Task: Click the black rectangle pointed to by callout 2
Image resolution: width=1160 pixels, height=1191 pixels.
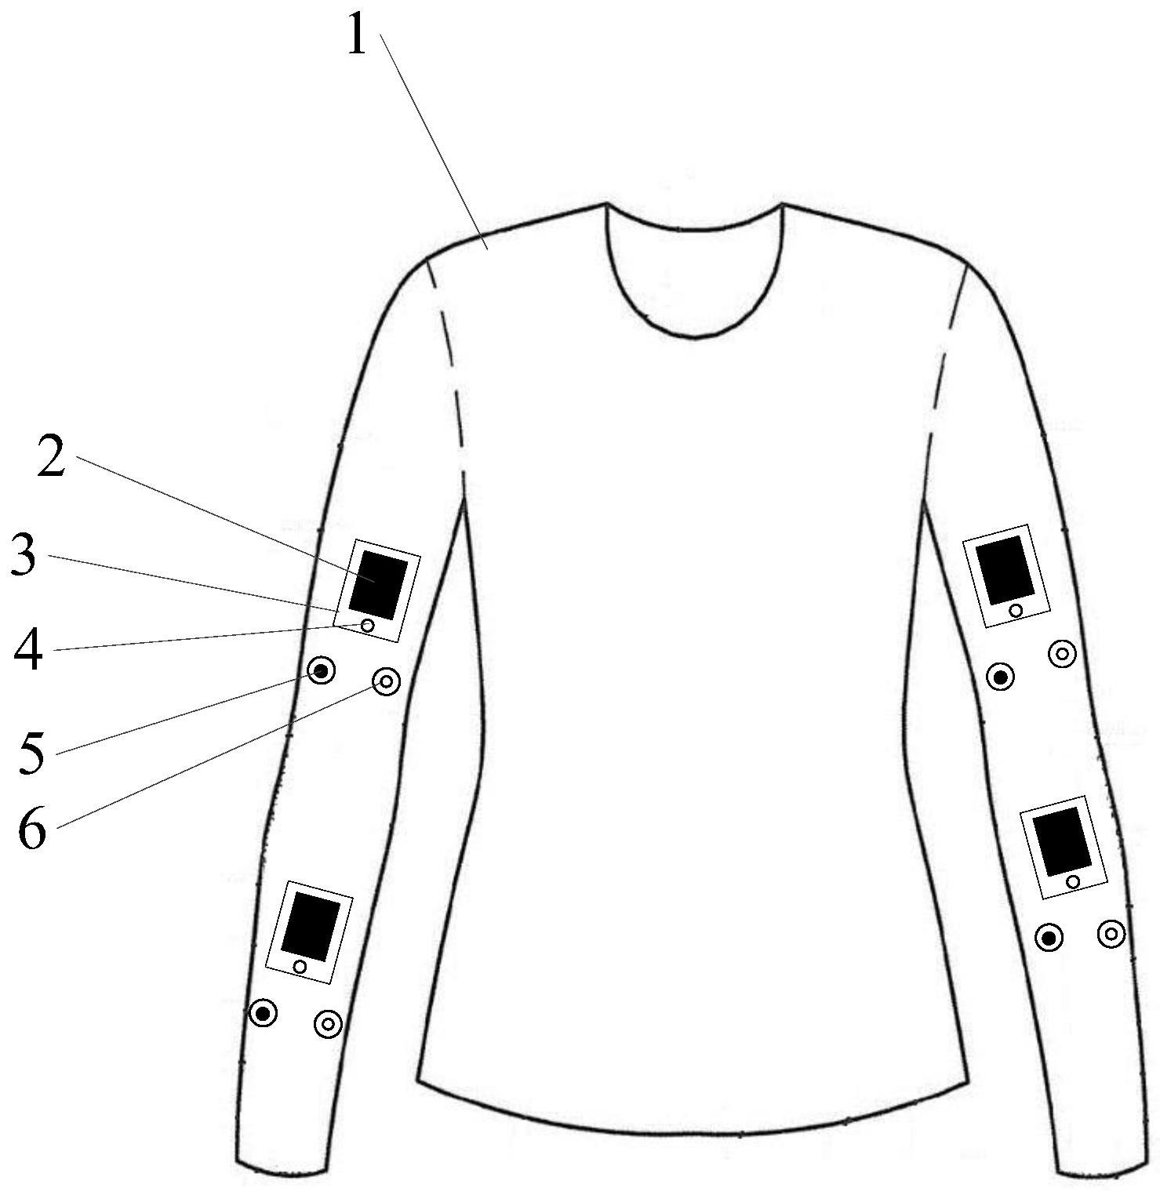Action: pos(378,585)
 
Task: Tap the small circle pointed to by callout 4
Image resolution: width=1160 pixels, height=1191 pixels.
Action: pos(367,625)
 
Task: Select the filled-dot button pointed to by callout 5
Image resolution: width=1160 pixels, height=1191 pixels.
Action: pos(321,671)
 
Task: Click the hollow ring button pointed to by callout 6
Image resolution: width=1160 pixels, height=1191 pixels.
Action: pos(386,682)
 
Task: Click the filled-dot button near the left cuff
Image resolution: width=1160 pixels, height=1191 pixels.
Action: pos(264,1014)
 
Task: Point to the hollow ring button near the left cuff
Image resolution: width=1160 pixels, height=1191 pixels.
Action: pos(328,1023)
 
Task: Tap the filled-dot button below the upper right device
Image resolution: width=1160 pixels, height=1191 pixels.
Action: pos(1000,676)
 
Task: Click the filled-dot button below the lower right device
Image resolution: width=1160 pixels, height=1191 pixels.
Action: pos(1049,937)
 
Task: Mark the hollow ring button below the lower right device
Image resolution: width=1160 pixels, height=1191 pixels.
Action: pos(1111,933)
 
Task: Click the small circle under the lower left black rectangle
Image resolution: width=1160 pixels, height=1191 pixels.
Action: pos(300,966)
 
